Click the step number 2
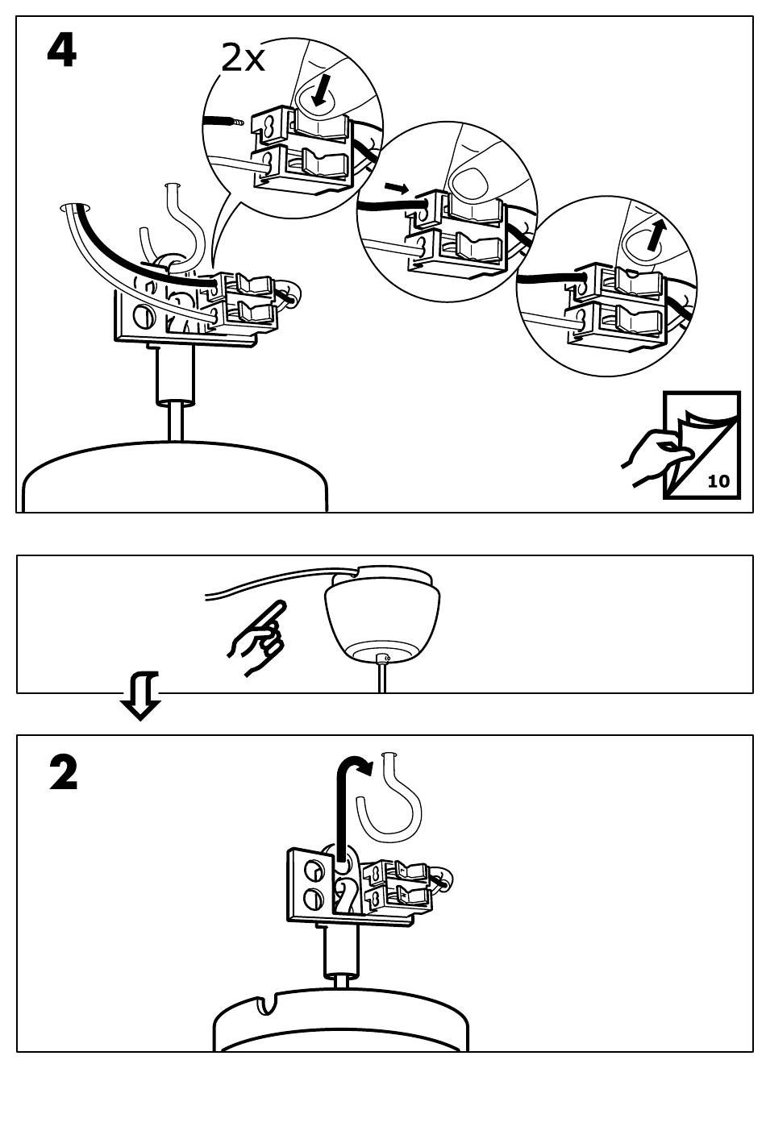coord(64,772)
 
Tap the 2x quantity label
coord(243,58)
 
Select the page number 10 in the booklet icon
coord(718,481)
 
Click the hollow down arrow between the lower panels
coord(140,695)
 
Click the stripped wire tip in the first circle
coord(237,122)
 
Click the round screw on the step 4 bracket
coord(144,314)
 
